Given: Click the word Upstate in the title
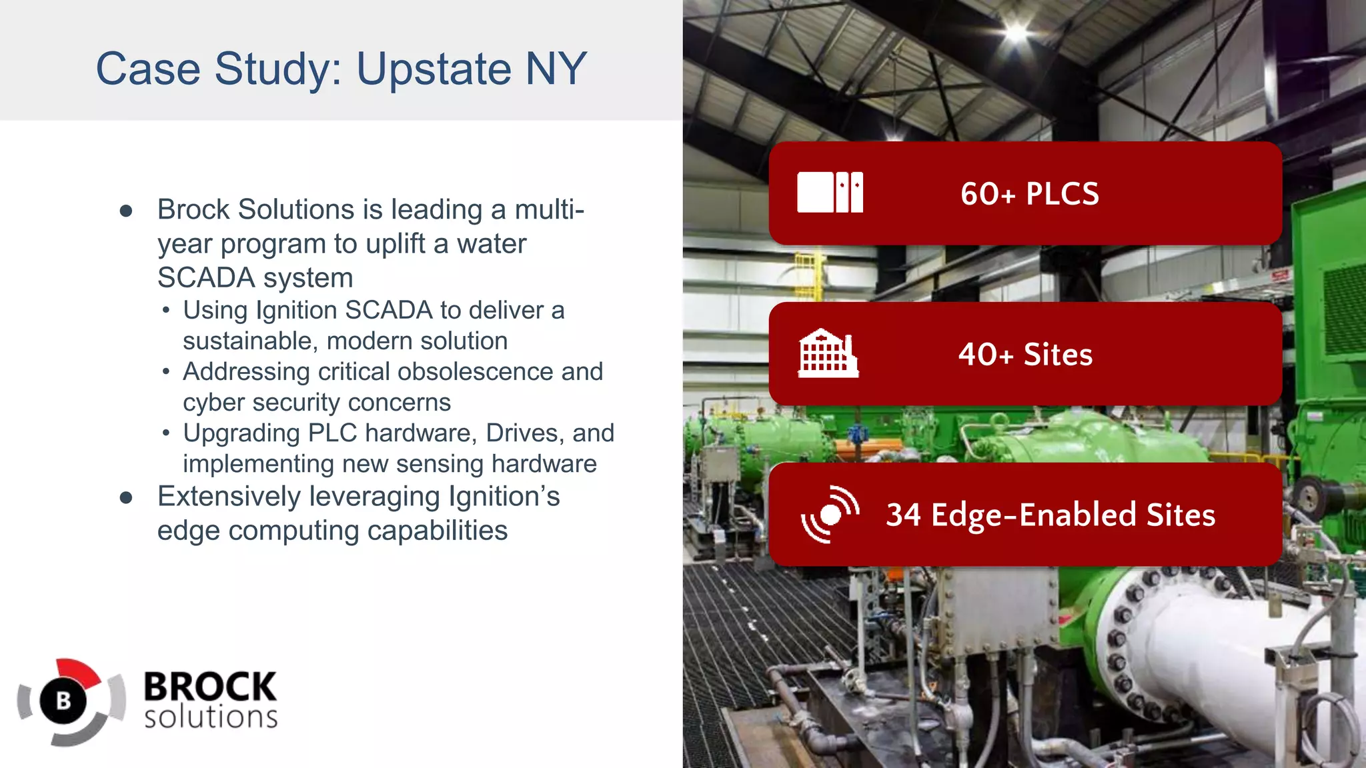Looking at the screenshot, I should [x=434, y=69].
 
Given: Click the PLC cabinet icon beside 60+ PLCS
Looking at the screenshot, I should [x=830, y=192].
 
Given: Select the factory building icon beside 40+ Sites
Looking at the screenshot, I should [x=828, y=353].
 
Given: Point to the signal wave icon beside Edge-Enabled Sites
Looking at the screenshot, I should [x=829, y=515].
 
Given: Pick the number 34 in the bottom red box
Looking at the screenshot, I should [x=903, y=515].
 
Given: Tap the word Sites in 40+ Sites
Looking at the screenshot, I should [x=1058, y=355].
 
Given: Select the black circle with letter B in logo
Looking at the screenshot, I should [x=63, y=701].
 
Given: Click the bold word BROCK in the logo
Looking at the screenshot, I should [x=210, y=687].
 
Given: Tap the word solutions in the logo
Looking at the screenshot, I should [x=211, y=718].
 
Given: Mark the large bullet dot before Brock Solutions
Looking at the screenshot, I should [x=126, y=211].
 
